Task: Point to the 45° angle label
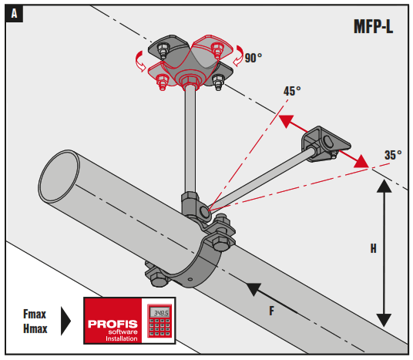[x=292, y=91]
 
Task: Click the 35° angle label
[x=393, y=155]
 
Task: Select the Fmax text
[x=35, y=313]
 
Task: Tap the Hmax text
[x=35, y=328]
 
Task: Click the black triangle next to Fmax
[x=67, y=321]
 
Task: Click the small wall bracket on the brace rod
[x=323, y=144]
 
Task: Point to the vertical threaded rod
[x=187, y=139]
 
